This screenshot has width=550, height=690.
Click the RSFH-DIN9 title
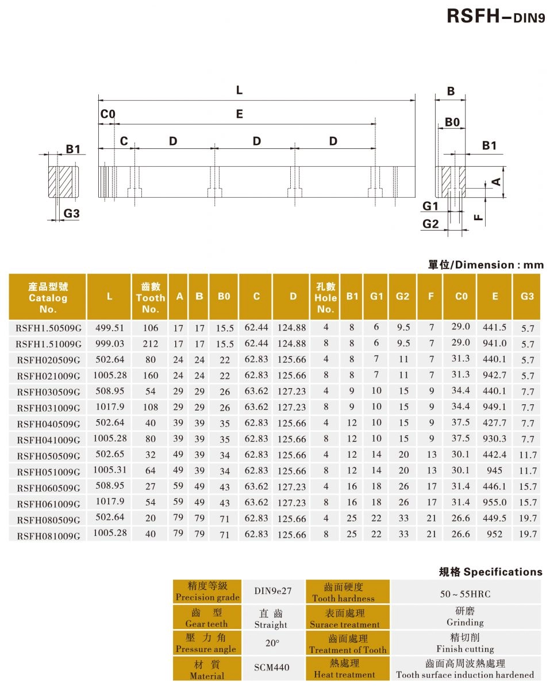pyautogui.click(x=495, y=17)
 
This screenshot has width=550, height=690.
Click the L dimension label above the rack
pyautogui.click(x=239, y=90)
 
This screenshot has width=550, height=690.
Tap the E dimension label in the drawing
pyautogui.click(x=239, y=114)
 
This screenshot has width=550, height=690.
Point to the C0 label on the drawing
pyautogui.click(x=107, y=114)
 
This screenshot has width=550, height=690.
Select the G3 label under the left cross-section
pyautogui.click(x=71, y=214)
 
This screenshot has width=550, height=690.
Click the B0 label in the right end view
pyautogui.click(x=452, y=122)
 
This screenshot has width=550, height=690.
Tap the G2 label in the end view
pyautogui.click(x=430, y=224)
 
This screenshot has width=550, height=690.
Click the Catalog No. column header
pyautogui.click(x=48, y=297)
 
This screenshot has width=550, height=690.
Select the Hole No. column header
pyautogui.click(x=325, y=297)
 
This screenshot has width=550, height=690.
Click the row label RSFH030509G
pyautogui.click(x=49, y=392)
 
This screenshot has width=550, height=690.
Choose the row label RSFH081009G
pyautogui.click(x=49, y=535)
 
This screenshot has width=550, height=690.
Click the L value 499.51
pyautogui.click(x=109, y=328)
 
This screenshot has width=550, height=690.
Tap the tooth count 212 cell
pyautogui.click(x=150, y=344)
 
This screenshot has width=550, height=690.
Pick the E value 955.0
pyautogui.click(x=494, y=503)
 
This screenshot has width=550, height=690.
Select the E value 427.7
pyautogui.click(x=494, y=423)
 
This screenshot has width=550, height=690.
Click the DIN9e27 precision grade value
pyautogui.click(x=272, y=591)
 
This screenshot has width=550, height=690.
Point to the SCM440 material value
pyautogui.click(x=272, y=668)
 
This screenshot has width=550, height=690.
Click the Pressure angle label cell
pyautogui.click(x=206, y=643)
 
